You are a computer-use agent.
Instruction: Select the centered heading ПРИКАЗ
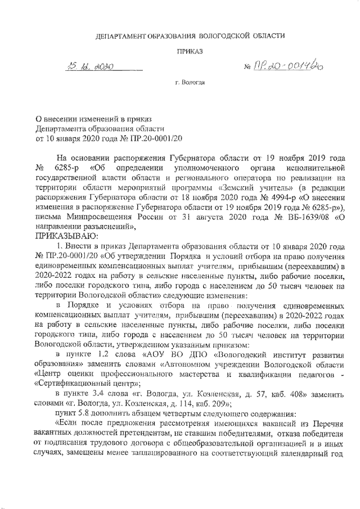189,51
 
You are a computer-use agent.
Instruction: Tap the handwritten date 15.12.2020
89,67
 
